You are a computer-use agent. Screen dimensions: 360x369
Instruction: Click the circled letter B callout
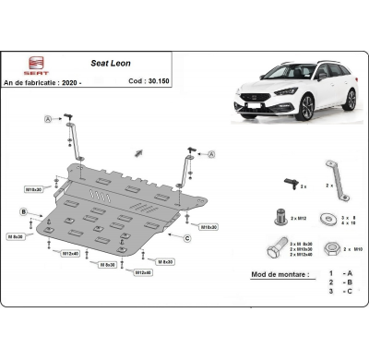click(x=21, y=212)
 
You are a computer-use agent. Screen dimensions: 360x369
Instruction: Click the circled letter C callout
click(x=186, y=238)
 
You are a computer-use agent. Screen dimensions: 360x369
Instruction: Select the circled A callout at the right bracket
click(x=211, y=153)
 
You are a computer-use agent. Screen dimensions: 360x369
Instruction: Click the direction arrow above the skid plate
click(x=137, y=151)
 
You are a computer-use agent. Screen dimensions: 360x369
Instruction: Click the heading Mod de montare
click(x=278, y=274)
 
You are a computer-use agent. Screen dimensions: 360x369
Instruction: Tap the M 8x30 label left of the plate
click(x=16, y=238)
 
